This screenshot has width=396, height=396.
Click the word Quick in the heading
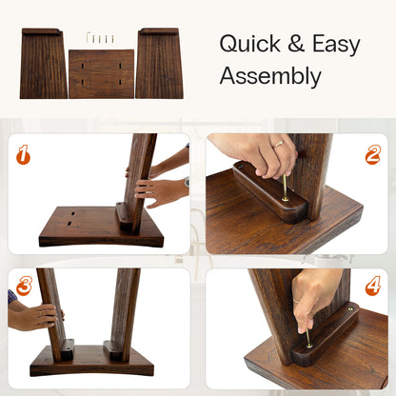pyautogui.click(x=249, y=44)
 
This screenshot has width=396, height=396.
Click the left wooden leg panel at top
pyautogui.click(x=43, y=64)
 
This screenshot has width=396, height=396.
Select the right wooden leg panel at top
pyautogui.click(x=159, y=64)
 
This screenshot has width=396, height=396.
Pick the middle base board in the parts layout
pyautogui.click(x=101, y=73)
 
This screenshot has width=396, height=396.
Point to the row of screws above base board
pyautogui.click(x=100, y=38)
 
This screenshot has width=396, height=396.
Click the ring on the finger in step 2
pyautogui.click(x=278, y=144)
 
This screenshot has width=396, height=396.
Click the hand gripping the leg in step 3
pyautogui.click(x=33, y=315)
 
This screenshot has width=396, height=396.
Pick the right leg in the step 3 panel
pyautogui.click(x=124, y=309)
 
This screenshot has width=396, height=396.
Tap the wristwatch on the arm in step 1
pyautogui.click(x=186, y=183)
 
